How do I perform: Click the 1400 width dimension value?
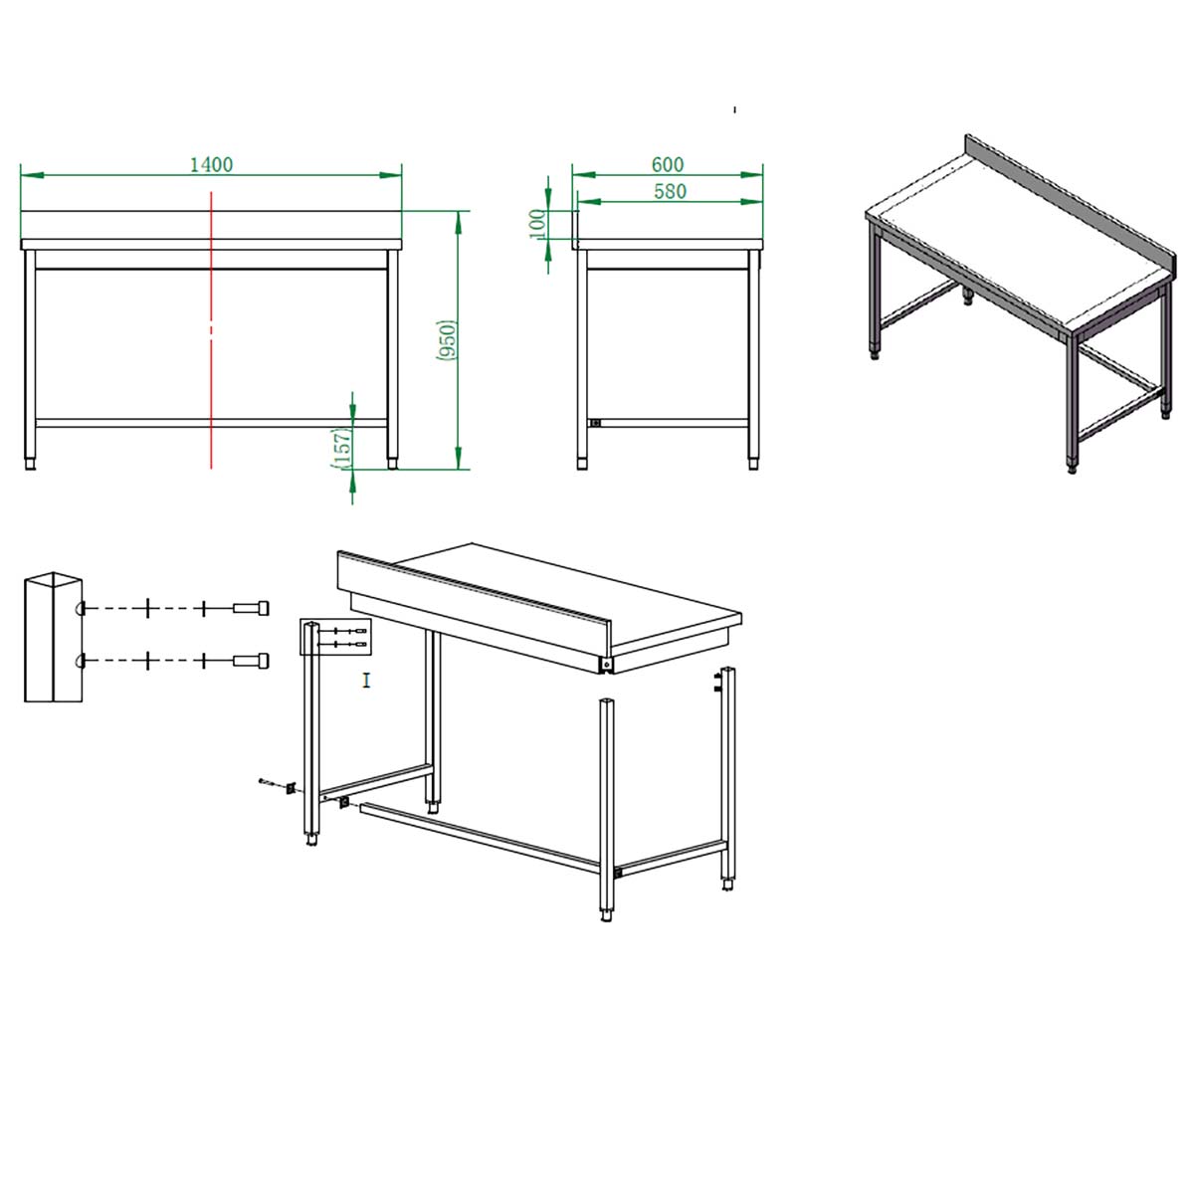tap(211, 165)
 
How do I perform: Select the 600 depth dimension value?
tap(668, 165)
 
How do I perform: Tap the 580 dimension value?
tap(670, 191)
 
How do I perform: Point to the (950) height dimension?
tap(447, 340)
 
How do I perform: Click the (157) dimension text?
tap(342, 448)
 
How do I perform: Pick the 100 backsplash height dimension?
tap(538, 224)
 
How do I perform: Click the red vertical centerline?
tap(211, 330)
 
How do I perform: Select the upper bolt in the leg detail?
tap(251, 608)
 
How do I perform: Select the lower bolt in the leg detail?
tap(251, 661)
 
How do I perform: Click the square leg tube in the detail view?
tap(54, 637)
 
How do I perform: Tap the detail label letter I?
tap(367, 681)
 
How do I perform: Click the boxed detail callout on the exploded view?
tap(335, 637)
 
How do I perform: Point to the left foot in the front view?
tap(30, 464)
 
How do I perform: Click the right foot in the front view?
tap(392, 464)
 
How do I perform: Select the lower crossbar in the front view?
tap(211, 423)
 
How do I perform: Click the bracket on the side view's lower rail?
tap(595, 423)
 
